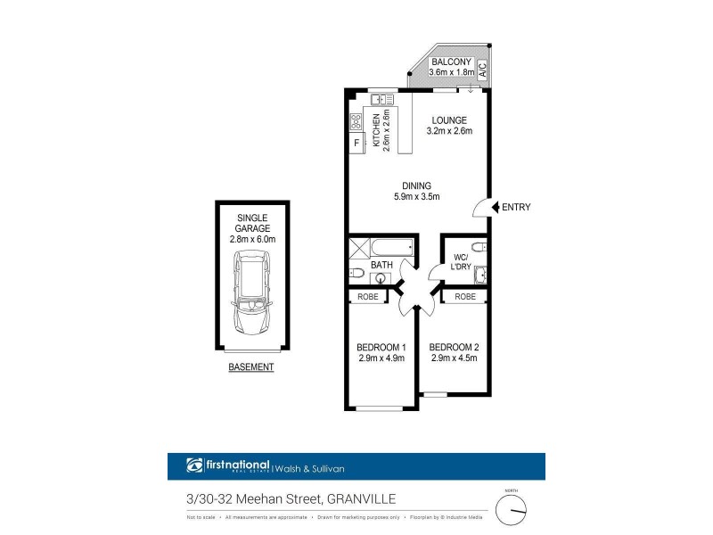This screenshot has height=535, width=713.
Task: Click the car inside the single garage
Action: tap(252, 287)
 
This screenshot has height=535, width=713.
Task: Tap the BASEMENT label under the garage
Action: tap(251, 367)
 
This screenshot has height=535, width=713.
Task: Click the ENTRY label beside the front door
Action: tap(516, 207)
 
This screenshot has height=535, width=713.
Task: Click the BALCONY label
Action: tap(450, 61)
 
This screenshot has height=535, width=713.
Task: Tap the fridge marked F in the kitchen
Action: tap(356, 143)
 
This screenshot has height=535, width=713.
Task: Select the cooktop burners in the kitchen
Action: tap(356, 122)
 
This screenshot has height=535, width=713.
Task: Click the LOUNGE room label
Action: tap(450, 120)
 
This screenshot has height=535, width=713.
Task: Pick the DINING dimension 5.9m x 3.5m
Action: tap(417, 197)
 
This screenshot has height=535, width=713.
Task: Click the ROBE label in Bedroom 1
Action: tap(366, 297)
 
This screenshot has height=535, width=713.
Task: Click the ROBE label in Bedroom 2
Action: tap(464, 297)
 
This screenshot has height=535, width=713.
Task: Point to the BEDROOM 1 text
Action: tap(381, 348)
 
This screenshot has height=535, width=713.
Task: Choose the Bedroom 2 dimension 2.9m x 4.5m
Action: tap(454, 359)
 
